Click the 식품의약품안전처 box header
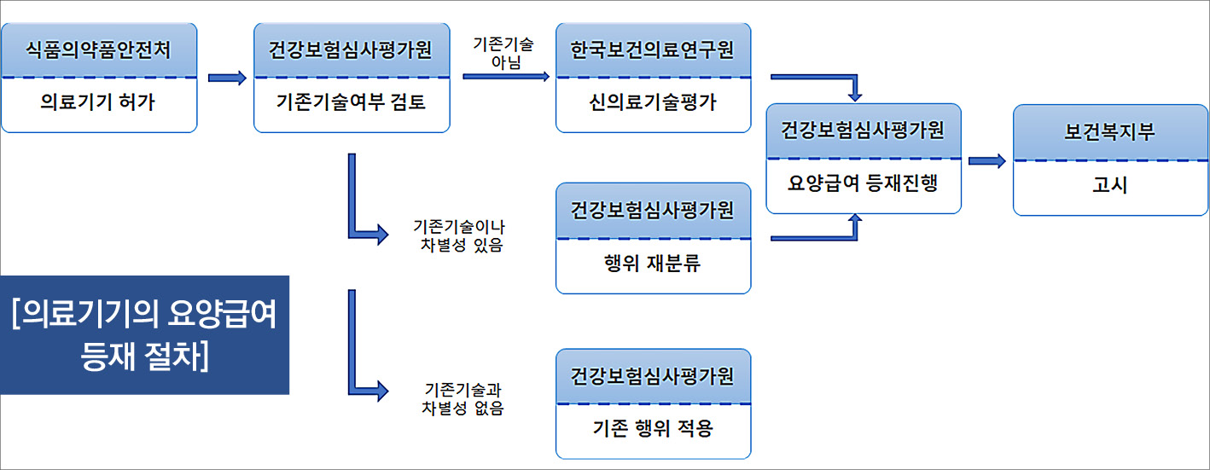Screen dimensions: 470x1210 click(x=99, y=50)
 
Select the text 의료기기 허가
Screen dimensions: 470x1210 click(x=99, y=104)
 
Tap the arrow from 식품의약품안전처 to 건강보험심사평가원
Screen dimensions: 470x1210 click(x=226, y=78)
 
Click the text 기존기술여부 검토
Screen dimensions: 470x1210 click(x=352, y=104)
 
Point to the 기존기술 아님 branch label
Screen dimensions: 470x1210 click(x=503, y=53)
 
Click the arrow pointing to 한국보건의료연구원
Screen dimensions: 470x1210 click(x=506, y=77)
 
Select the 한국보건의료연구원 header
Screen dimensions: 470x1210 click(x=653, y=50)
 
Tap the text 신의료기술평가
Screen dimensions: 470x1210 click(x=653, y=104)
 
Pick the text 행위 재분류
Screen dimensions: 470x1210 click(x=653, y=264)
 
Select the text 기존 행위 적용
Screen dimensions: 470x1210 click(x=653, y=428)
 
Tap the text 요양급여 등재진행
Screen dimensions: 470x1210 click(x=864, y=183)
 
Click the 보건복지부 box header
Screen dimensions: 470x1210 click(x=1110, y=132)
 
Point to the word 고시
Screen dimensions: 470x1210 click(x=1110, y=185)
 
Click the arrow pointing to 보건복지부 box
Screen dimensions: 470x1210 click(x=987, y=160)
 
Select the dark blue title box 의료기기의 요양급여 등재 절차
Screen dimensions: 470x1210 click(x=145, y=335)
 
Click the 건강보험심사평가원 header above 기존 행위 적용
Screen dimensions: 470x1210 click(x=653, y=376)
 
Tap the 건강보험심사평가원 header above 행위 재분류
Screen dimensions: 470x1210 click(x=653, y=210)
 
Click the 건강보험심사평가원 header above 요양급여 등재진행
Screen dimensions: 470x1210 click(x=864, y=131)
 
